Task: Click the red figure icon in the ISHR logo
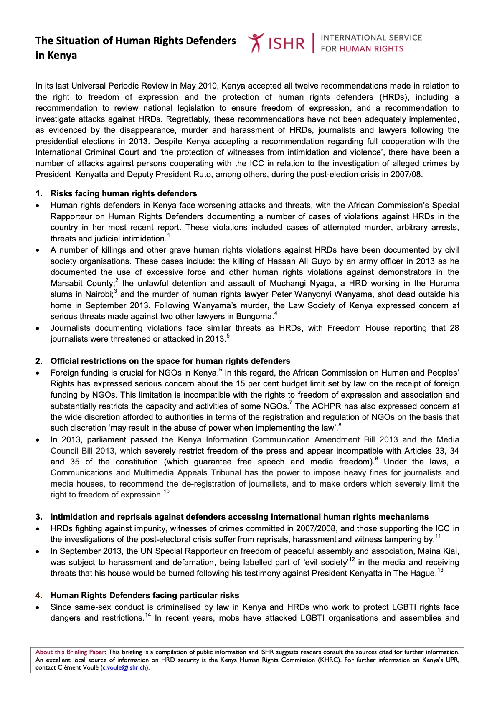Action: (x=256, y=43)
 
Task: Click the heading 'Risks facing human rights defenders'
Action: (x=124, y=193)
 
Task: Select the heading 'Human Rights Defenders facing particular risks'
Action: (x=145, y=595)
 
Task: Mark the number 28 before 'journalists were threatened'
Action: (x=454, y=328)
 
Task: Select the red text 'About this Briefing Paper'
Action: (x=71, y=652)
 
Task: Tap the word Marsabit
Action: (x=66, y=283)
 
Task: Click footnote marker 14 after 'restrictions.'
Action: (x=148, y=615)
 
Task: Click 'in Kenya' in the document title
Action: (x=56, y=56)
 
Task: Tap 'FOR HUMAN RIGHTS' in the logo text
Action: (x=362, y=48)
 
